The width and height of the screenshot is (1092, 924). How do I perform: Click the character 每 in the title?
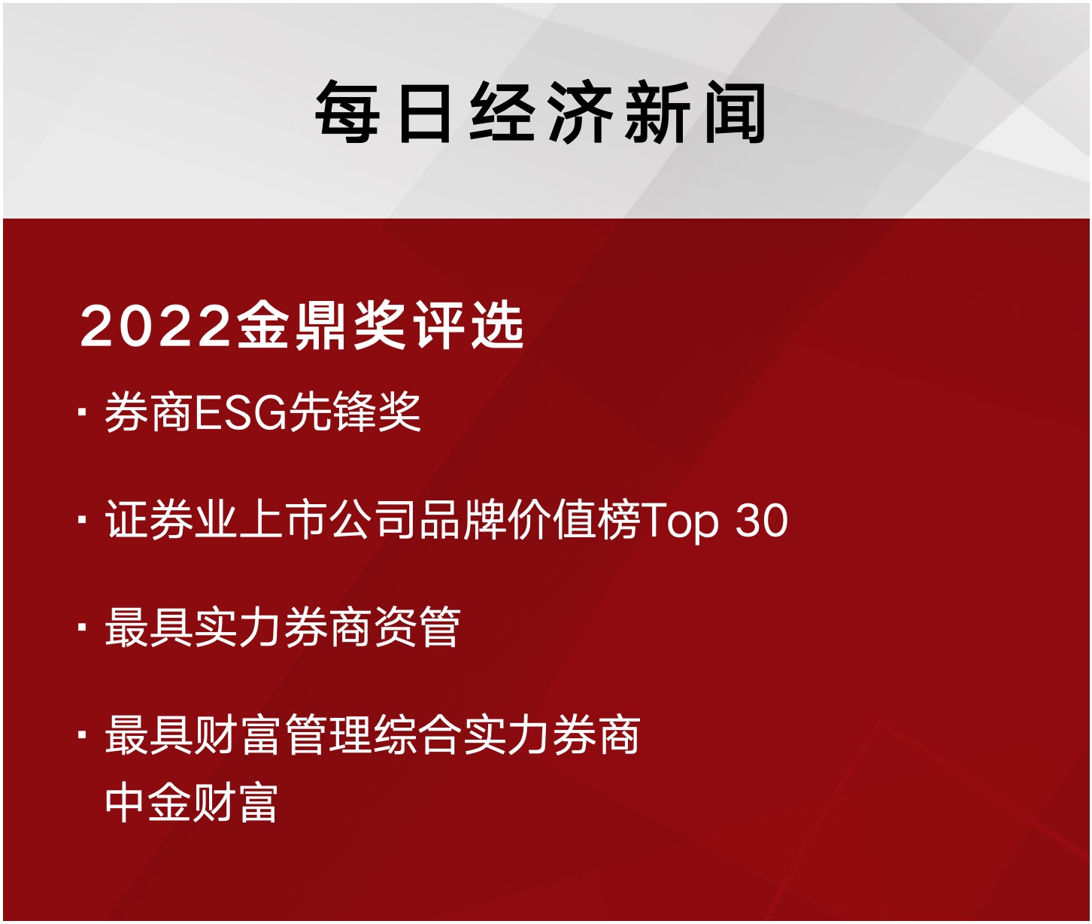(x=347, y=112)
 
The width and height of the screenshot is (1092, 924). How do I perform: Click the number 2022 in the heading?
(x=154, y=327)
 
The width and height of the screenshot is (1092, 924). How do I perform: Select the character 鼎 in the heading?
(x=323, y=326)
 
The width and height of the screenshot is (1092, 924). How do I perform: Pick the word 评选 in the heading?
(x=469, y=326)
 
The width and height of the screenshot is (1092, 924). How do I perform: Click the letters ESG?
(x=241, y=413)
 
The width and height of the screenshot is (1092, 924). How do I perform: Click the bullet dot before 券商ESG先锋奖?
(x=82, y=412)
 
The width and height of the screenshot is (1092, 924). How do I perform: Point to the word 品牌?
(x=463, y=520)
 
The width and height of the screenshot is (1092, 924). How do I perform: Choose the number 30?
(x=762, y=521)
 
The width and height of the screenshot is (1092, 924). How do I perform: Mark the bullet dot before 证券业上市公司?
(x=82, y=519)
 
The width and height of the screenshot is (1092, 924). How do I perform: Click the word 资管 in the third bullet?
(x=417, y=628)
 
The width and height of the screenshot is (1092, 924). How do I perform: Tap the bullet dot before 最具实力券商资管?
(x=82, y=628)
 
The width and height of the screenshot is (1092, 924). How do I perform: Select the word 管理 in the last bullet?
(x=329, y=735)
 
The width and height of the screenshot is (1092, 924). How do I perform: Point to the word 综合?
(x=417, y=735)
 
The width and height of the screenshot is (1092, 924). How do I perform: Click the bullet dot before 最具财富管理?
(x=82, y=734)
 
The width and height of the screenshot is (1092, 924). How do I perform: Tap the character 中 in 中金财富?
(x=125, y=802)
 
